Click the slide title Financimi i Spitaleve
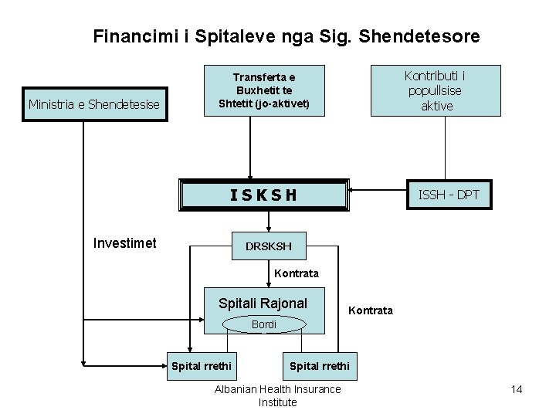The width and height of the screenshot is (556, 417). [286, 36]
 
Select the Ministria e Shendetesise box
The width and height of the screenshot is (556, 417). [93, 104]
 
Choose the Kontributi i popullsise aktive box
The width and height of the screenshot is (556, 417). [436, 90]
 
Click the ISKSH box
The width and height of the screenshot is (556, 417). [263, 195]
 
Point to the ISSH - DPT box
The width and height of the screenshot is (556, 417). [448, 195]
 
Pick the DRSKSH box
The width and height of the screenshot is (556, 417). [269, 246]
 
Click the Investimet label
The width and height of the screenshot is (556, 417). [124, 243]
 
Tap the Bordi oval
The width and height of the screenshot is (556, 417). [263, 324]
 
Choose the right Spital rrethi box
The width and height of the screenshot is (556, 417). [319, 364]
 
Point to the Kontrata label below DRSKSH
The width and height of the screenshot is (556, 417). [296, 273]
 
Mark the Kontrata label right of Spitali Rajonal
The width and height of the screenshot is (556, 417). [371, 310]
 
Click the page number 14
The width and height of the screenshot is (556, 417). [517, 389]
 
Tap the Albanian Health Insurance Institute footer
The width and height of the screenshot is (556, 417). [277, 395]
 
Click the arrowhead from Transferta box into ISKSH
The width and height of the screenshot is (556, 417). [249, 176]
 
